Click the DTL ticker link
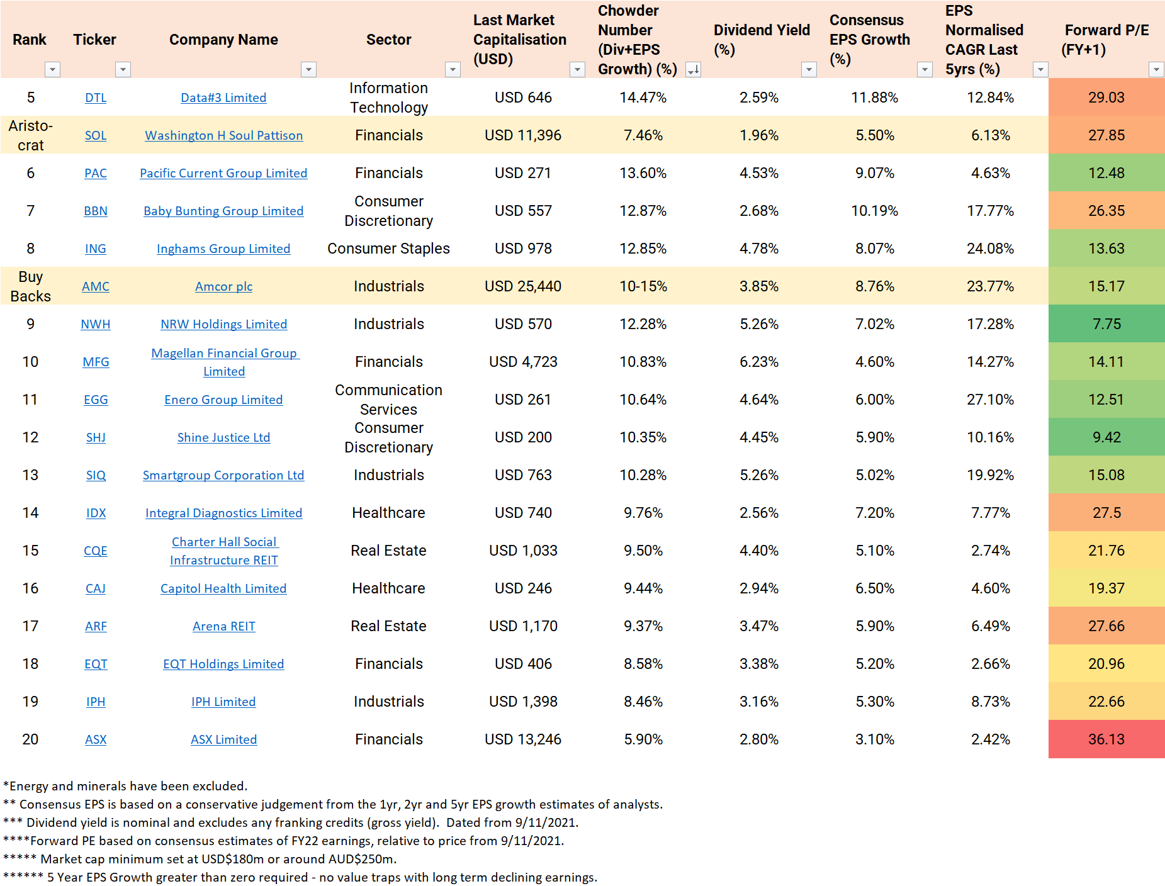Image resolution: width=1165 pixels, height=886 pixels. pyautogui.click(x=96, y=98)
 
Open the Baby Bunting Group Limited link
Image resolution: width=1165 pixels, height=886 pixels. pyautogui.click(x=223, y=211)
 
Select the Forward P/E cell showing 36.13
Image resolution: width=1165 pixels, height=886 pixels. pyautogui.click(x=1106, y=739)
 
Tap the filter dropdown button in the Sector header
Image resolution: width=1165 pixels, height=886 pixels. pyautogui.click(x=453, y=69)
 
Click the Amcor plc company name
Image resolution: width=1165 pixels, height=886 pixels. pyautogui.click(x=223, y=286)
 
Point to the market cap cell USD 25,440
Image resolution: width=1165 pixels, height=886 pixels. pyautogui.click(x=522, y=286)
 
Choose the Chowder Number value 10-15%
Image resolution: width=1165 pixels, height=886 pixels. pyautogui.click(x=643, y=286)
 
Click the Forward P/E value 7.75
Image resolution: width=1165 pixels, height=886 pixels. pyautogui.click(x=1106, y=324)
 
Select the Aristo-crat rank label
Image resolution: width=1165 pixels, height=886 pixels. pyautogui.click(x=30, y=135)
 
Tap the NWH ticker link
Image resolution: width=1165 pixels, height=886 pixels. pyautogui.click(x=96, y=324)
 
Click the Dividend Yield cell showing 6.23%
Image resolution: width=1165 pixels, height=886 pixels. pyautogui.click(x=758, y=362)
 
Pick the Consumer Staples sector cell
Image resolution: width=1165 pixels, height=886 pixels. pyautogui.click(x=388, y=249)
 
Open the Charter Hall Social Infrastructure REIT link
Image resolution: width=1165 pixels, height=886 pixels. pyautogui.click(x=223, y=551)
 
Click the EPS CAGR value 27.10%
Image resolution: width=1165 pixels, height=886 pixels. pyautogui.click(x=990, y=400)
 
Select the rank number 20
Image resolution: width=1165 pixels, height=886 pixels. pyautogui.click(x=30, y=739)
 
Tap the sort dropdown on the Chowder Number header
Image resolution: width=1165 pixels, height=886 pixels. pyautogui.click(x=693, y=69)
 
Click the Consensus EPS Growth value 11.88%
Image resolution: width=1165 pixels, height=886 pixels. pyautogui.click(x=874, y=98)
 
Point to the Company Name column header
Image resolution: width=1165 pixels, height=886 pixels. pyautogui.click(x=223, y=40)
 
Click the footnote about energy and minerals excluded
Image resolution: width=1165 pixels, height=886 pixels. pyautogui.click(x=125, y=786)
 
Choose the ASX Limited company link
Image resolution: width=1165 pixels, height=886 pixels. pyautogui.click(x=223, y=739)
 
